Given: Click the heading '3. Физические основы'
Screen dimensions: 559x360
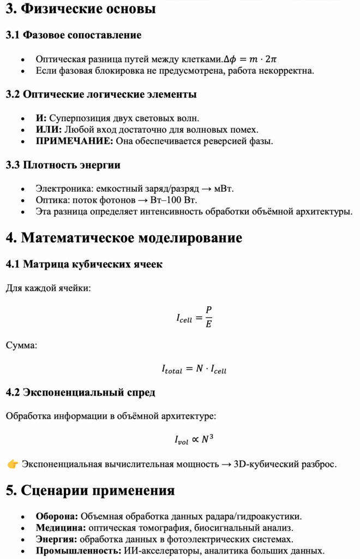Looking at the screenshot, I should pyautogui.click(x=81, y=9).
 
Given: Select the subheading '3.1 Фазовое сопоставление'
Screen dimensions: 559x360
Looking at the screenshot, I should pyautogui.click(x=74, y=35).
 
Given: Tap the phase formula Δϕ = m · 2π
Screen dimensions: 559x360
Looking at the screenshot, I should pyautogui.click(x=254, y=59).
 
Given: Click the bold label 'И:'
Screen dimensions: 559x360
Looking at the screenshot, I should pyautogui.click(x=41, y=118).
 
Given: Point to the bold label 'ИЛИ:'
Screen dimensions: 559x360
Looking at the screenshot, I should pyautogui.click(x=49, y=129).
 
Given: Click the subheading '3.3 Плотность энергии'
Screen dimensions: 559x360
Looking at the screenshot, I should pyautogui.click(x=63, y=165).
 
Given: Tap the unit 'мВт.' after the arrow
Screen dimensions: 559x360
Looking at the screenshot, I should pyautogui.click(x=225, y=188).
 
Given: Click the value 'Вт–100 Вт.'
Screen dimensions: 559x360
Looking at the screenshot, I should pyautogui.click(x=177, y=200).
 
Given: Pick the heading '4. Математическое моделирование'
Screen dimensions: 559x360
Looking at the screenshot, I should pyautogui.click(x=124, y=238).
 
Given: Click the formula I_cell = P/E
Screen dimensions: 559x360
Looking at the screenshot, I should pyautogui.click(x=194, y=317).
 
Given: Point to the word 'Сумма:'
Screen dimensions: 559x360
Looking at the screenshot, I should pyautogui.click(x=22, y=345).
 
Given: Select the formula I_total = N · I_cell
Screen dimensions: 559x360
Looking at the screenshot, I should pyautogui.click(x=194, y=370).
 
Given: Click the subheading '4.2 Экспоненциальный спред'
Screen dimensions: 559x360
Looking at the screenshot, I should pyautogui.click(x=80, y=393).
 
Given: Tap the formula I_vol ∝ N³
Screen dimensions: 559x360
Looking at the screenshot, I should pyautogui.click(x=194, y=439).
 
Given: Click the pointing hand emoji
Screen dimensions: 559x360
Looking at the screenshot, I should pyautogui.click(x=13, y=465).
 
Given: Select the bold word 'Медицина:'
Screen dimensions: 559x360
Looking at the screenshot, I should pyautogui.click(x=61, y=527).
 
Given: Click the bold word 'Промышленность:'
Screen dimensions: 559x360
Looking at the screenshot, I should pyautogui.click(x=79, y=550).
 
